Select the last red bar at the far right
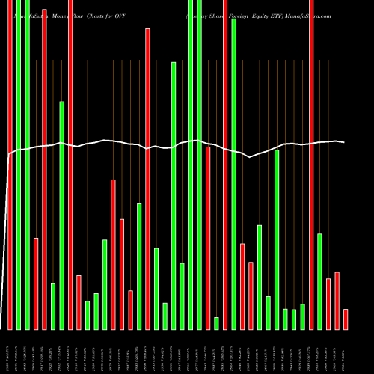(x=346, y=319)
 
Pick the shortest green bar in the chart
(x=216, y=323)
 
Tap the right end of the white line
(x=344, y=142)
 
